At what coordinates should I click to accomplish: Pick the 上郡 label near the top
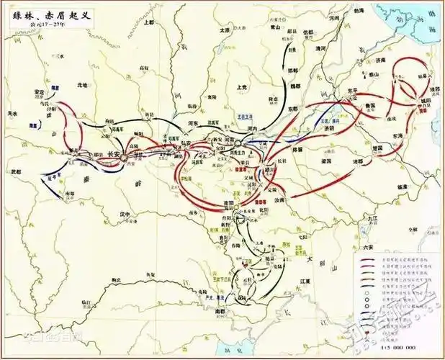149,22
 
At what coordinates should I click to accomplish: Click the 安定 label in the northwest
40,92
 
